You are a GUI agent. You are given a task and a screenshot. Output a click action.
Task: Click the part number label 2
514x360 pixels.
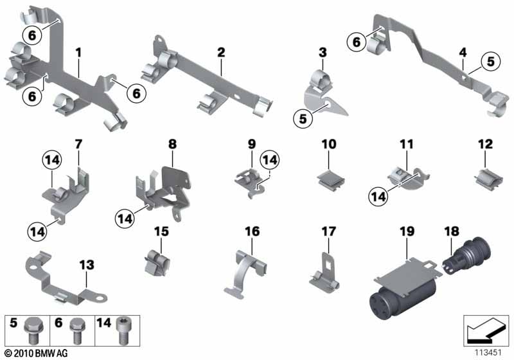point(221,52)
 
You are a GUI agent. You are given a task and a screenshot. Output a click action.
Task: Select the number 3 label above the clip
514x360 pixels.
point(323,52)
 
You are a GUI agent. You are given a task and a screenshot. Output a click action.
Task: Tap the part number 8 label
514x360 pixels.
point(172,144)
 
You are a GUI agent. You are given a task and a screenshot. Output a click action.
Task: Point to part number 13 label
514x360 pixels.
point(87,265)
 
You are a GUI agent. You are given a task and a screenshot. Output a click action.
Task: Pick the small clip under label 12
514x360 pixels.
point(488,179)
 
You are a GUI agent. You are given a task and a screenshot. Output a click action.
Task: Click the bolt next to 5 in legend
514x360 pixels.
point(32,330)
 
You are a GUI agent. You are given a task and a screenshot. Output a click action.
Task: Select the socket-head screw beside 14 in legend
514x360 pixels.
point(123,330)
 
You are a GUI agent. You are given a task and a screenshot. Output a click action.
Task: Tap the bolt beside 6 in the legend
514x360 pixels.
point(78,330)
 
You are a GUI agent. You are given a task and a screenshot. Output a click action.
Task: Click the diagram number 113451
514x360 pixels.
point(488,352)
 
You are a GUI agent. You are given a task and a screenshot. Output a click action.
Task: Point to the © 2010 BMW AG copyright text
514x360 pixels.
point(37,353)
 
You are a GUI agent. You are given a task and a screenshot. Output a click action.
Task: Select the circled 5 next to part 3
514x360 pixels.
point(303,118)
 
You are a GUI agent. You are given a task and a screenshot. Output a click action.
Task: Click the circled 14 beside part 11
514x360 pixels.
point(378,197)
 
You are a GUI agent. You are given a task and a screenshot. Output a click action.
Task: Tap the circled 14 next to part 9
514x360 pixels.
point(270,160)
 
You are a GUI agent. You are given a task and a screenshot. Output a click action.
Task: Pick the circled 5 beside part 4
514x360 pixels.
point(490,61)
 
